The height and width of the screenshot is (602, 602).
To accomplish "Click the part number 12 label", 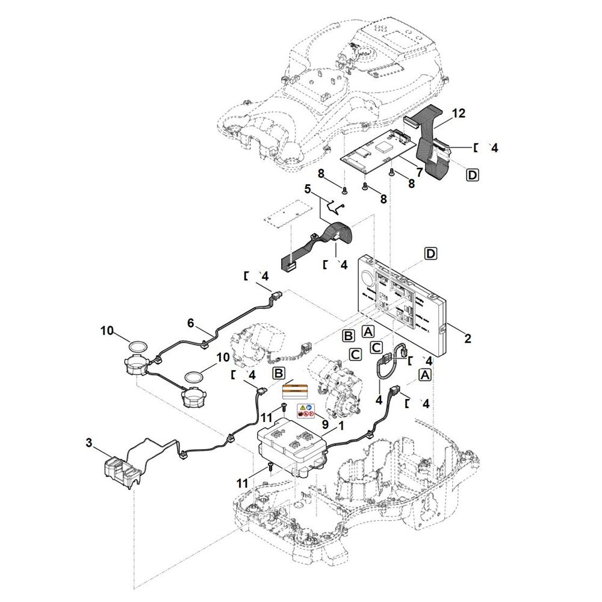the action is click(458, 113).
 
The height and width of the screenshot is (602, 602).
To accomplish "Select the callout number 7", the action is click(420, 172).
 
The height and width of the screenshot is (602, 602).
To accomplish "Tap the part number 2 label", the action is click(467, 338).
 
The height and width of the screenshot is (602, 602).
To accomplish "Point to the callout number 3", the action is click(89, 443).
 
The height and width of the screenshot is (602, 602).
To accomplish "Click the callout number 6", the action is click(191, 323).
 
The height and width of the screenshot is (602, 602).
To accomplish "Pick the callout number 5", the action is click(307, 189).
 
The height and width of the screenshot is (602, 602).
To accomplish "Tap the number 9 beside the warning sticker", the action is click(325, 424).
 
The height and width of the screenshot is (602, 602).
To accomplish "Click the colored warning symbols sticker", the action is click(306, 411).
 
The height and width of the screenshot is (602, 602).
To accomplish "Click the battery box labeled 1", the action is click(293, 448).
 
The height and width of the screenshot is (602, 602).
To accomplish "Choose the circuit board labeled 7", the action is click(379, 151).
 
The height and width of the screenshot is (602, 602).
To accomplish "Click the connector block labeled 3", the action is click(122, 472).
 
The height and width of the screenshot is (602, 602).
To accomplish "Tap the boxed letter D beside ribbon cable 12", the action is click(472, 175).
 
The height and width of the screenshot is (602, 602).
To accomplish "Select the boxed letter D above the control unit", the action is click(431, 254).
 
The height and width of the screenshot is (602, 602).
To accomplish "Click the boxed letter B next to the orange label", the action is click(279, 373).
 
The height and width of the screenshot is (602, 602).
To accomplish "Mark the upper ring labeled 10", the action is click(137, 346).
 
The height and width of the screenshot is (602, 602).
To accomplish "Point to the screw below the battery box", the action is click(270, 467).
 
